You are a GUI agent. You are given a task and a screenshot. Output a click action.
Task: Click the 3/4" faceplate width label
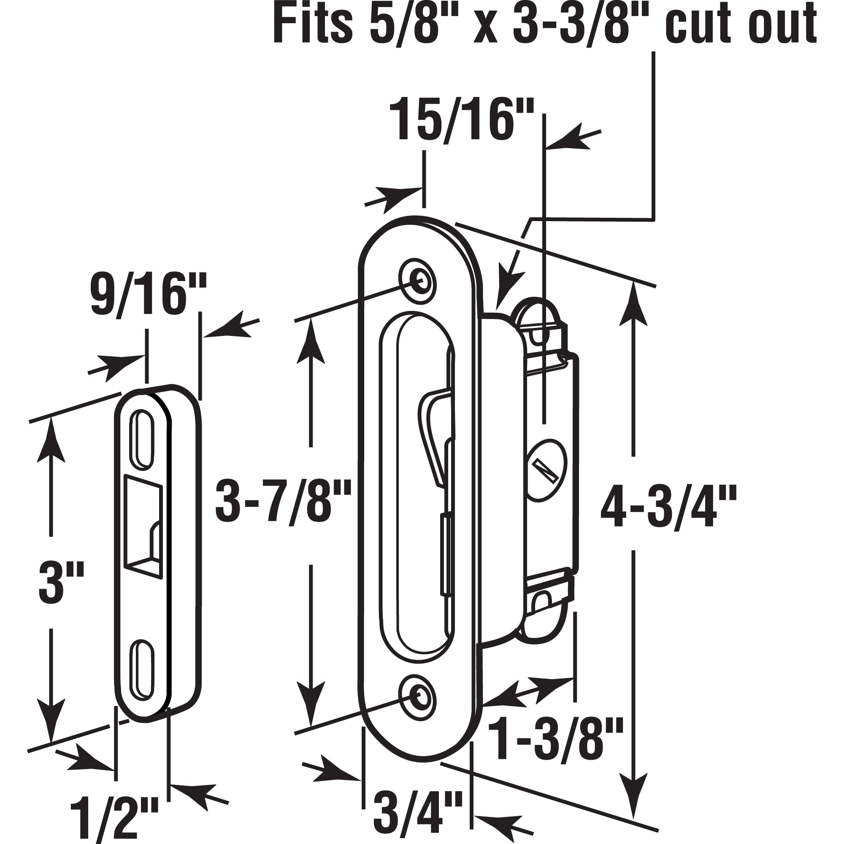419,816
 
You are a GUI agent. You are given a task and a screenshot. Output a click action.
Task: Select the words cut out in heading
743,25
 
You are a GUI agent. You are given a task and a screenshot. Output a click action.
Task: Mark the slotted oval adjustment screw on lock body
546,472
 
